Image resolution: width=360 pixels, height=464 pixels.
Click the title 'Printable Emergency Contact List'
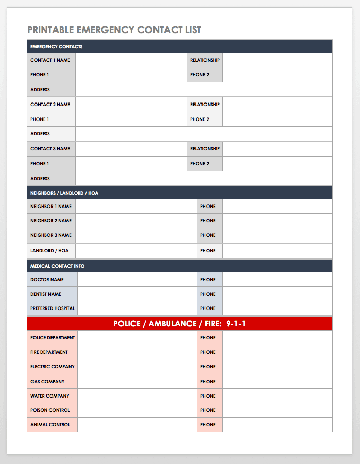[x=114, y=30]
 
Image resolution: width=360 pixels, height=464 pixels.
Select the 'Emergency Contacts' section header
[x=56, y=47]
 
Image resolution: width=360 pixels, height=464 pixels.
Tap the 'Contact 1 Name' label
[x=50, y=60]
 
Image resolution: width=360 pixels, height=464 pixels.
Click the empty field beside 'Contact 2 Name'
[x=131, y=105]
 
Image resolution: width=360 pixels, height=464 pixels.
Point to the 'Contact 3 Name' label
[x=50, y=149]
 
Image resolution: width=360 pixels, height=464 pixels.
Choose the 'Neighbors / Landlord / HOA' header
[x=64, y=193]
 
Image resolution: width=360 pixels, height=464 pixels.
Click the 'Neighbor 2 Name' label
[x=51, y=221]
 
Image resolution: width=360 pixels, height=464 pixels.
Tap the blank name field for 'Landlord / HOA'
[x=136, y=251]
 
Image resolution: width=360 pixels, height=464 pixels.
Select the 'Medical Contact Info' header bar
[x=57, y=266]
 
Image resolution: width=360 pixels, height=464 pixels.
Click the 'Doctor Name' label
[x=47, y=280]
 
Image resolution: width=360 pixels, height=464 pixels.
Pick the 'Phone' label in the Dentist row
[x=208, y=294]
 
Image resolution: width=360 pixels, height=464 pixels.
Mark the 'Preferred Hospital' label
[x=53, y=308]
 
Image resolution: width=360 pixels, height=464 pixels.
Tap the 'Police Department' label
[x=53, y=338]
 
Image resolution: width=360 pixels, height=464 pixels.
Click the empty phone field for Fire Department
[x=277, y=352]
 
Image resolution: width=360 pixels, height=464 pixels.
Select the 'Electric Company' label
[x=53, y=367]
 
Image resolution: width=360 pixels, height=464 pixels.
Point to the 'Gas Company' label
[x=47, y=382]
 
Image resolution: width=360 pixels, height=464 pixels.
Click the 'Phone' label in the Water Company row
[x=208, y=396]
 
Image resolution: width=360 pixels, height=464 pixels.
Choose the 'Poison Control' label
[x=50, y=410]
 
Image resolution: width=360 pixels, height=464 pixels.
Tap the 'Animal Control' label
[x=50, y=425]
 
